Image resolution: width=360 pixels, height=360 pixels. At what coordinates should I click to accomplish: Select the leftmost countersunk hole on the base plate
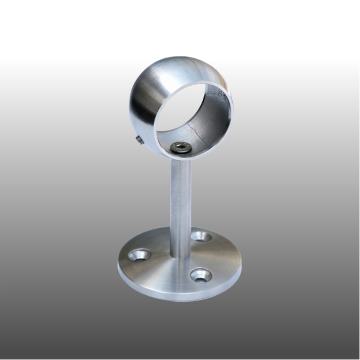[139, 256]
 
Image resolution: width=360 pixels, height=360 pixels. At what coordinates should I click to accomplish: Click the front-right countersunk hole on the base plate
[200, 275]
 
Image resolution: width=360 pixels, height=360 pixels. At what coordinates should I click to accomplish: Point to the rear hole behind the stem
[201, 236]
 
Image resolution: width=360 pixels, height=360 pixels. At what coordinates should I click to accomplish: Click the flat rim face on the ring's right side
[229, 120]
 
